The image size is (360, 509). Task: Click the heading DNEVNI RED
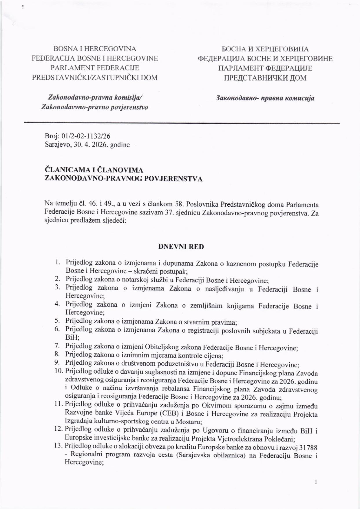coord(181,247)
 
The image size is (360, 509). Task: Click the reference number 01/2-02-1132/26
coord(86,136)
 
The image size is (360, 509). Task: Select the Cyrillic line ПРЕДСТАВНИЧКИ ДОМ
coord(265,78)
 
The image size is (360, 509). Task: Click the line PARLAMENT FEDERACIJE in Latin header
coord(95,68)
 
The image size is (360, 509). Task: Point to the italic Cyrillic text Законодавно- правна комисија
coord(265,98)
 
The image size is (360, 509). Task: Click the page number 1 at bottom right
coord(316,481)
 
